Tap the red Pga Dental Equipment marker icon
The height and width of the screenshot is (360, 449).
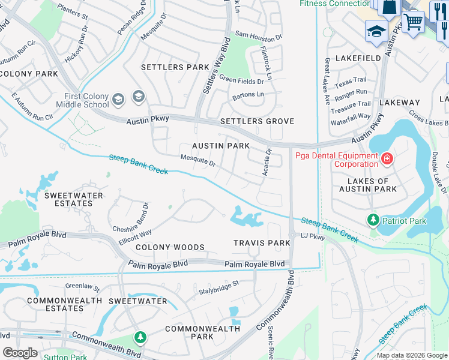387,158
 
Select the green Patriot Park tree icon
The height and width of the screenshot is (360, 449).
373,220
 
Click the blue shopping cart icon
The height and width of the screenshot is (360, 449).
413,22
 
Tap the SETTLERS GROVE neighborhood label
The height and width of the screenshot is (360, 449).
257,121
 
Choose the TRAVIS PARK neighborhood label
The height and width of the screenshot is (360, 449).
262,243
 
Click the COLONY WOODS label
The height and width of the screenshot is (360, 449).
170,247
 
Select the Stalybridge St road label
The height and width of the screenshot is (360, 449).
219,287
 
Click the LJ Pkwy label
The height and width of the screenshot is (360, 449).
313,237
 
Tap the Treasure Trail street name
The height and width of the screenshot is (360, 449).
351,107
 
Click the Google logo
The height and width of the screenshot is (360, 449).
20,353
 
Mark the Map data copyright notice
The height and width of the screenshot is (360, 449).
412,355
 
